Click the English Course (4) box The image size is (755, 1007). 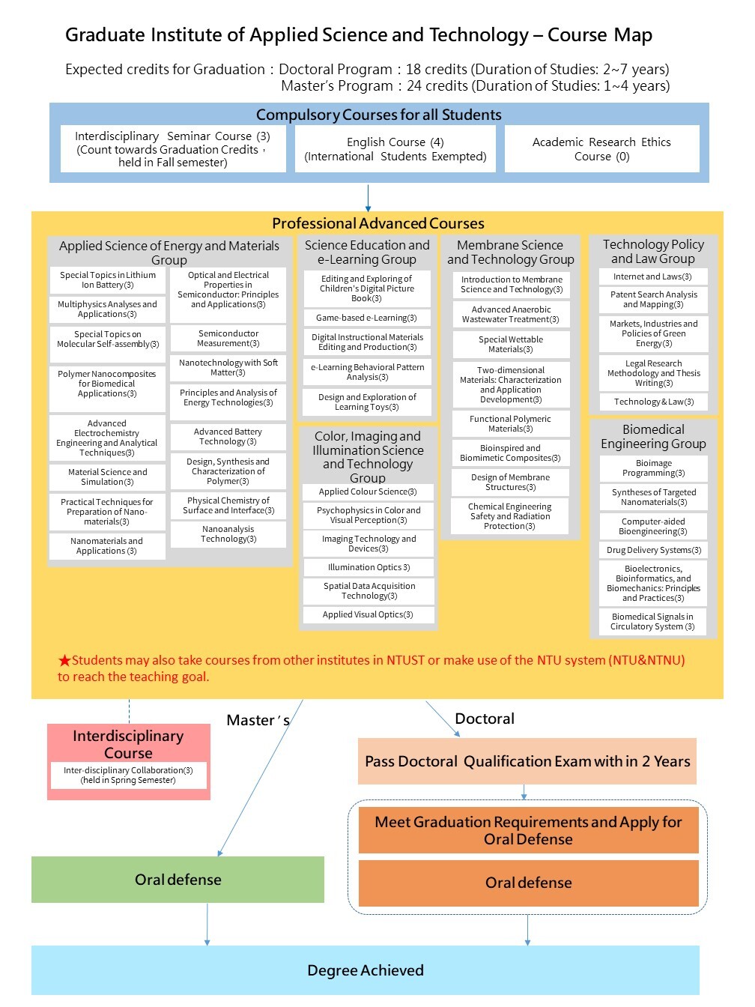395,149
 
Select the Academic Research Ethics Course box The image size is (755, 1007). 601,149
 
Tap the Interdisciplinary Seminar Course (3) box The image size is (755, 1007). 173,149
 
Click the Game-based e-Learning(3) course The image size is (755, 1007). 366,318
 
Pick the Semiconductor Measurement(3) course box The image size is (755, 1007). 228,339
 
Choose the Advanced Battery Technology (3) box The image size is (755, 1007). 228,437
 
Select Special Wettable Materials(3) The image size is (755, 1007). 511,345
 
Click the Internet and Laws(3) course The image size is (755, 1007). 653,276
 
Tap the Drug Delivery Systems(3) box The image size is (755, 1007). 653,550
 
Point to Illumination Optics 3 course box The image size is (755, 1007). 369,567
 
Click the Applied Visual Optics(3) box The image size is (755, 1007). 368,614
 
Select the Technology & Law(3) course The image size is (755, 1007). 653,402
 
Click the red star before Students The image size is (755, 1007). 64,661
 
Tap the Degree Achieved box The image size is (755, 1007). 366,970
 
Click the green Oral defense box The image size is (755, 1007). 178,880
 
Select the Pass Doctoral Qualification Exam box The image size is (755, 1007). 527,761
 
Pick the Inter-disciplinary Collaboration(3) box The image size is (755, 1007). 128,775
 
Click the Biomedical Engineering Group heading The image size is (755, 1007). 653,436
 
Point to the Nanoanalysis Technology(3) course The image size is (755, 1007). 228,533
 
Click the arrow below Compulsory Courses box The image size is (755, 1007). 368,198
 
